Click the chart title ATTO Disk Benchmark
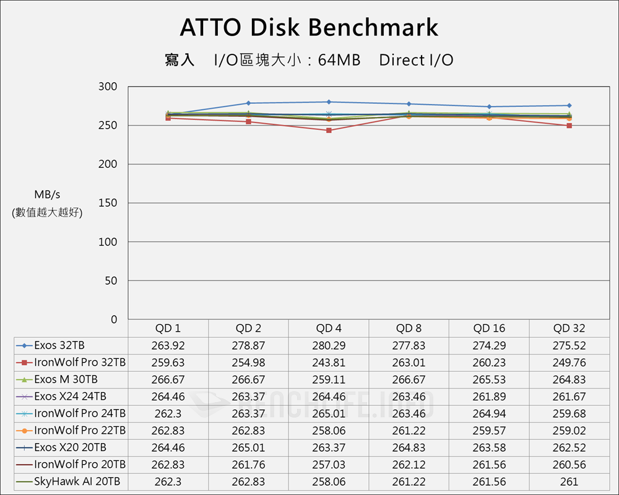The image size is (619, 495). point(309,28)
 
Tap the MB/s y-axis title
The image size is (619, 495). point(47,194)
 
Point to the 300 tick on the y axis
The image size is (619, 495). point(108,87)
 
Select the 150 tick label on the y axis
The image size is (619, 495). point(108,203)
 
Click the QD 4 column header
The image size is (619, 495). point(329,329)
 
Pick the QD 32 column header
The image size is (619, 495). point(569,329)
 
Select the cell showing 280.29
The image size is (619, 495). point(329,345)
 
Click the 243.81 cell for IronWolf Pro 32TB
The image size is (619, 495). point(329,363)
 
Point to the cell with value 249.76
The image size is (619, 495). point(569,363)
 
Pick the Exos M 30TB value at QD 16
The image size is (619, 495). point(489,379)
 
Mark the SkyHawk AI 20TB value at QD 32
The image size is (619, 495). point(569,481)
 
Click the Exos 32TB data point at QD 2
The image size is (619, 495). point(248,103)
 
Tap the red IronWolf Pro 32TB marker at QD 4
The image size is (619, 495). point(329,131)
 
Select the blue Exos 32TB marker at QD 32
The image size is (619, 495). point(569,106)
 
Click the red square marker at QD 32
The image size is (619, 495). point(569,126)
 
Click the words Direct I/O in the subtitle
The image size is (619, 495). point(416,60)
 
